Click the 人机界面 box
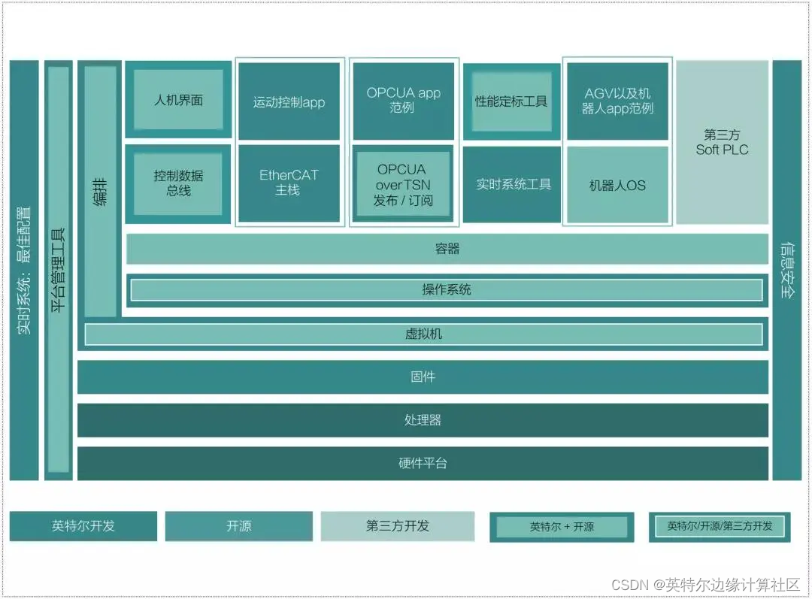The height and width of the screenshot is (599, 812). [178, 100]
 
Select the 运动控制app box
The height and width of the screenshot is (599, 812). [289, 102]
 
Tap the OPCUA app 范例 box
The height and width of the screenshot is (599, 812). [404, 100]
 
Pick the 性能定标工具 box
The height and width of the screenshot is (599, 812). [511, 101]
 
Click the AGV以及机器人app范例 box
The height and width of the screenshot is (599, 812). [617, 101]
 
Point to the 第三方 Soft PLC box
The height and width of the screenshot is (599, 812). [722, 142]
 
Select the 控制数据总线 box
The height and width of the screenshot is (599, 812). [178, 183]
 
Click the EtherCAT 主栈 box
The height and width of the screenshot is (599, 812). [289, 183]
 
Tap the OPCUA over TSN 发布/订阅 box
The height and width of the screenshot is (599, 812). [403, 184]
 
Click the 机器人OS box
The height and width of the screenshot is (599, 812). [617, 185]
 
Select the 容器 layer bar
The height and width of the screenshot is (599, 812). [447, 249]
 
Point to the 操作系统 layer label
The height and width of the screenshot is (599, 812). [447, 289]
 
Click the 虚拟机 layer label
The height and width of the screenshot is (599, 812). [423, 334]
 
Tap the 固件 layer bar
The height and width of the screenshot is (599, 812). [423, 377]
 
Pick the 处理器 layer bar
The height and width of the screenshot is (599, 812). [423, 420]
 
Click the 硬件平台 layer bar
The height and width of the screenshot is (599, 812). [423, 463]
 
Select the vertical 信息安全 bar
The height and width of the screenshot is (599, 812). [786, 271]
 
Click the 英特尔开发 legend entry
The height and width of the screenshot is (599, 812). [83, 526]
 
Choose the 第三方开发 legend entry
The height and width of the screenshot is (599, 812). [398, 526]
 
